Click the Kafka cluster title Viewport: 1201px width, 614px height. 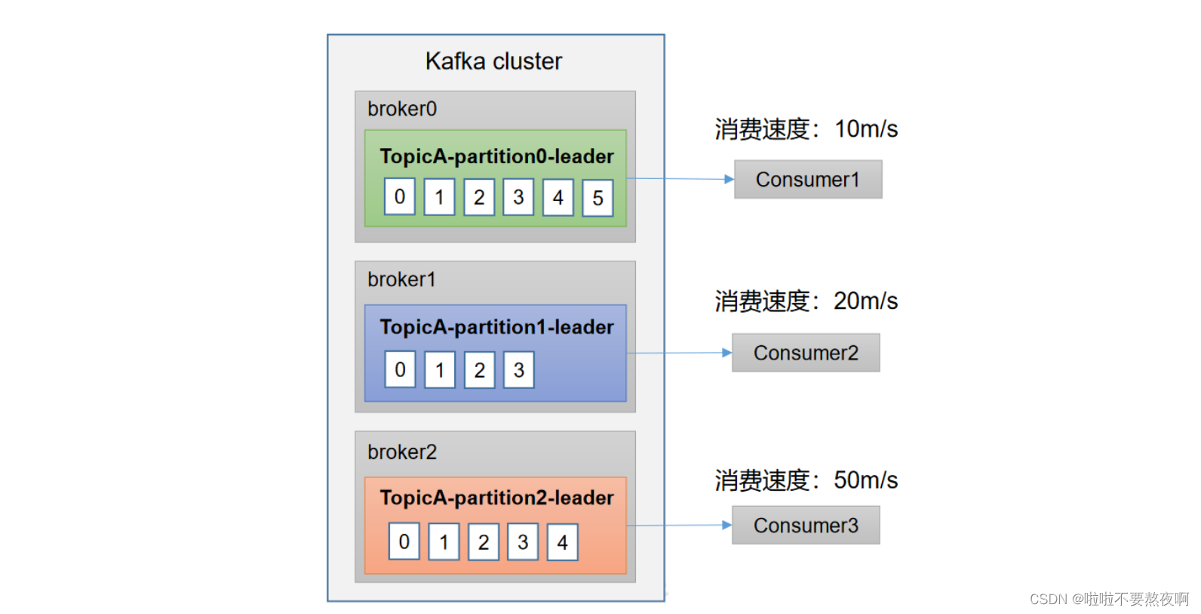493,61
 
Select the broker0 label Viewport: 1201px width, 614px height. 402,109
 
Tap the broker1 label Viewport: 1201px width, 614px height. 401,279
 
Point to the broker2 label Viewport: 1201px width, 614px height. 402,452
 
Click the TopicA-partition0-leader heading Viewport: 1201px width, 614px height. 496,156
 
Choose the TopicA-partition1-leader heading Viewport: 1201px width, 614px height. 496,327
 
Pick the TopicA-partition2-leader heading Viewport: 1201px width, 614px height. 496,498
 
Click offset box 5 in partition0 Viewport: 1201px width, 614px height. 597,198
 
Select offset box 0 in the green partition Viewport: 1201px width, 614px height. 400,196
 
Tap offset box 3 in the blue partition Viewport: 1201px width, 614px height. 519,370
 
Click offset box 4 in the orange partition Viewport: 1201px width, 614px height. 562,542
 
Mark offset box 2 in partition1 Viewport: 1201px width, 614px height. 479,370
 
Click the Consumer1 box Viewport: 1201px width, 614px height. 808,180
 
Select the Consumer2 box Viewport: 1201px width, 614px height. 806,353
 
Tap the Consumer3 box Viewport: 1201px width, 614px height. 806,526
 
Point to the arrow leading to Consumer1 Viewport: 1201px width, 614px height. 680,179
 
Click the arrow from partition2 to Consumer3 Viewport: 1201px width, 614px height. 679,526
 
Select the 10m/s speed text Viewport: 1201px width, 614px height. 865,129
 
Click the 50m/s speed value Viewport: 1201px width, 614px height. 865,480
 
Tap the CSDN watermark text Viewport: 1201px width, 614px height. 1108,599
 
